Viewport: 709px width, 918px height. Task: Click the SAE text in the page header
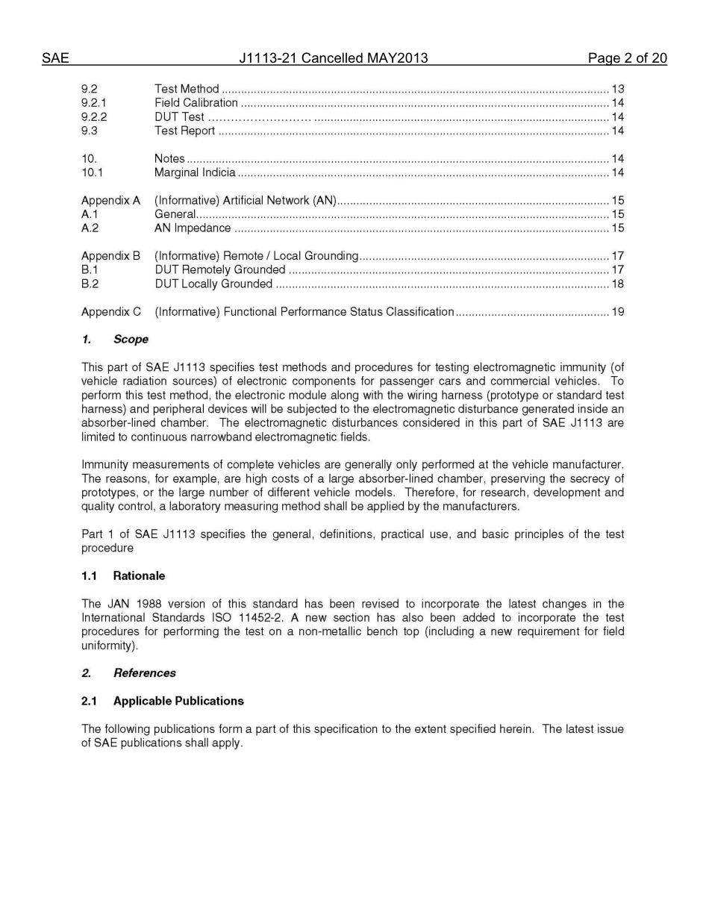[55, 58]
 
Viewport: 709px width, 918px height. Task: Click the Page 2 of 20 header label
[627, 58]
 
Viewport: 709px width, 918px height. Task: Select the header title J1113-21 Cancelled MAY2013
[334, 58]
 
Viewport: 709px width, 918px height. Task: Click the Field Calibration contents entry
[196, 103]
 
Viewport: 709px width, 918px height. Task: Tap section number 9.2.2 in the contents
[94, 117]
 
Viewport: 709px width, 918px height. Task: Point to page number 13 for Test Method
[617, 89]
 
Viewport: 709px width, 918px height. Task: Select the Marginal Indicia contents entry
[195, 173]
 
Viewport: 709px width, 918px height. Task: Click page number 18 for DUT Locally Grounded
[617, 284]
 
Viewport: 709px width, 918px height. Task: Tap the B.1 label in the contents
[90, 270]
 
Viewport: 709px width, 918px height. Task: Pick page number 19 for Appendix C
[617, 312]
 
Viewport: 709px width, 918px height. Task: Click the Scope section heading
[131, 340]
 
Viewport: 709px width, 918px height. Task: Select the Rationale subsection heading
[139, 576]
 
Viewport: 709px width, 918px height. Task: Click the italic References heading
[144, 673]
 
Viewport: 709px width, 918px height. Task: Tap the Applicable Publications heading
[178, 702]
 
